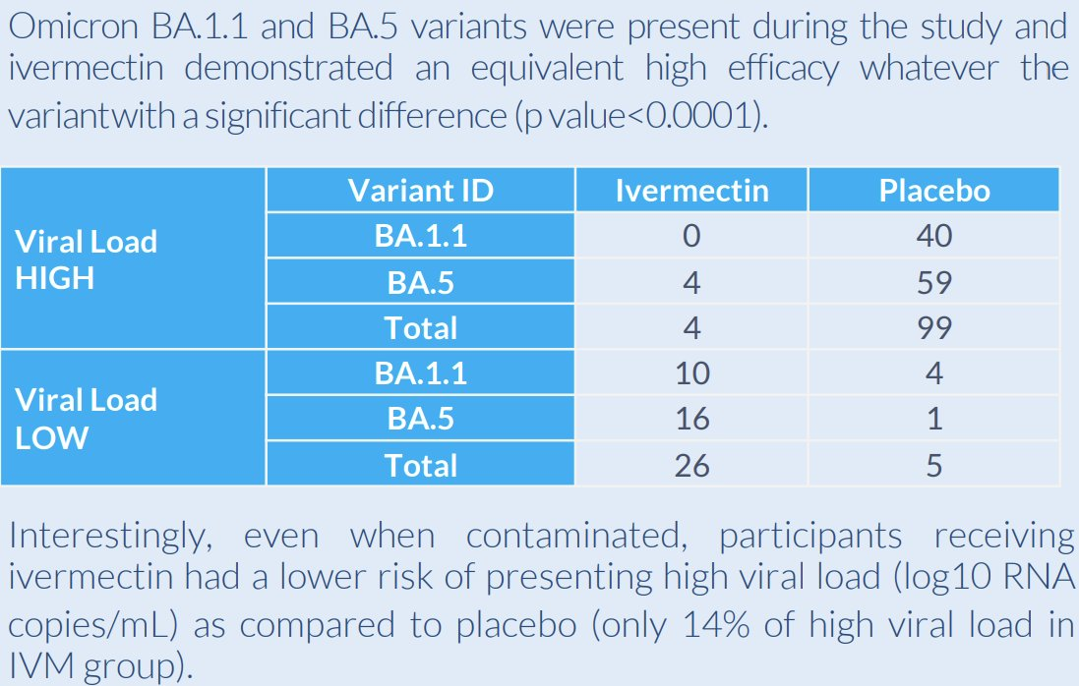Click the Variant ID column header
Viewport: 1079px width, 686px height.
420,190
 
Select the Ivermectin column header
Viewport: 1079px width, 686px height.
691,190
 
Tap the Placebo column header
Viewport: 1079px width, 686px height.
933,190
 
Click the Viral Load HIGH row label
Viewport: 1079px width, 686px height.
87,259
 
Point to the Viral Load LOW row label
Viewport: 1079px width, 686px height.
87,418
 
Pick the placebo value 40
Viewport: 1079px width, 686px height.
933,236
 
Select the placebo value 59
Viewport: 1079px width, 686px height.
933,283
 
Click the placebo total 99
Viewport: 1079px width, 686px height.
933,328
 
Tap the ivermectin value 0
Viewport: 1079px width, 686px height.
691,236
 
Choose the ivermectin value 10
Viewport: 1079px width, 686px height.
691,373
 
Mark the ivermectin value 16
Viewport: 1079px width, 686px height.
691,419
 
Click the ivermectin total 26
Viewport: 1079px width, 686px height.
691,465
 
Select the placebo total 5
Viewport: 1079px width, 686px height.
933,465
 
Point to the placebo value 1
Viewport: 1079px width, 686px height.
933,419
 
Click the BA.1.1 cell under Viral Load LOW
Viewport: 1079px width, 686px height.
420,373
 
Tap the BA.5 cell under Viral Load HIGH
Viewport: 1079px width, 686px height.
420,283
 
